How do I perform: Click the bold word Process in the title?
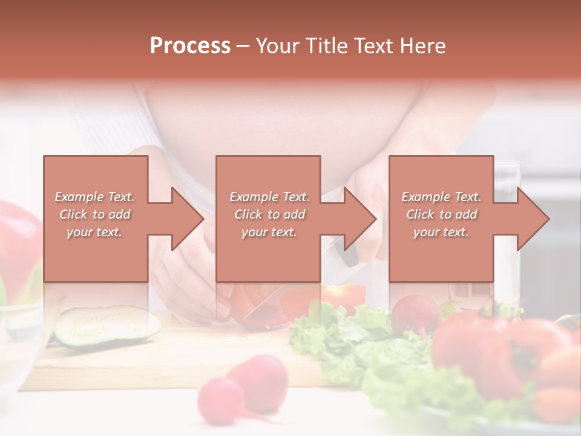coord(190,45)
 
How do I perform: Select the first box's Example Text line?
coord(94,197)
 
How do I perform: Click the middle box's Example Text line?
coord(269,197)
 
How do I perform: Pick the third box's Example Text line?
coord(441,197)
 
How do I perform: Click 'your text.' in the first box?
coord(94,232)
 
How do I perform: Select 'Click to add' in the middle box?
coord(269,214)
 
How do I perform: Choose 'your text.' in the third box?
coord(441,232)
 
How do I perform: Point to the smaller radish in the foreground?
coord(221,400)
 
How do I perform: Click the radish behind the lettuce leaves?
coord(415,312)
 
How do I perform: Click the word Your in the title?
coord(278,45)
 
